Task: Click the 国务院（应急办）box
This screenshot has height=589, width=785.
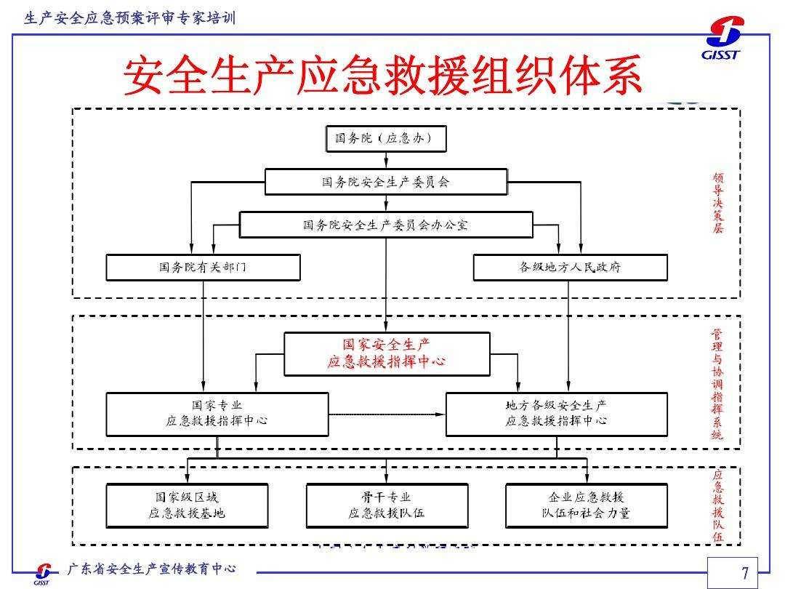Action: tap(386, 139)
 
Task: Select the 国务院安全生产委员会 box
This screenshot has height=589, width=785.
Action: tap(386, 182)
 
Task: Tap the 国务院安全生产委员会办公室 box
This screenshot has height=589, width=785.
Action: tap(386, 225)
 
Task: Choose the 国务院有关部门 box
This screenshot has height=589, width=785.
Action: tap(204, 268)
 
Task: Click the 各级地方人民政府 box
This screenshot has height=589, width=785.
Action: tap(571, 268)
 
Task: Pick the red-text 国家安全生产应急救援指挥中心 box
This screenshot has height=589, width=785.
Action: tap(387, 354)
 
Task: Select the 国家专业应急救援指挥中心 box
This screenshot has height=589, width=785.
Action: tap(217, 414)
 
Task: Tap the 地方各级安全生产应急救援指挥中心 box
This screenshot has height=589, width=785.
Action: tap(557, 414)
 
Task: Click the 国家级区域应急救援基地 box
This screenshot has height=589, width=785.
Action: tap(187, 505)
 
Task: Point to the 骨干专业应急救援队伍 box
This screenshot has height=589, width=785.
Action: tap(387, 505)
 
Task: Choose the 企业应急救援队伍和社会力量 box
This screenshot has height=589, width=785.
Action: tap(587, 505)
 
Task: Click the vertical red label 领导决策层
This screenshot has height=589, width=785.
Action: tap(718, 203)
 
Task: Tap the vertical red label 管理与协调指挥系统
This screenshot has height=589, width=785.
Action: tap(717, 384)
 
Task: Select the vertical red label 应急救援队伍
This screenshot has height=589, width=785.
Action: tap(718, 506)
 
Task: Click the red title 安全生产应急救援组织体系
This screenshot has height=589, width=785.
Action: tap(383, 76)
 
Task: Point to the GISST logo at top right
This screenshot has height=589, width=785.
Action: tap(723, 38)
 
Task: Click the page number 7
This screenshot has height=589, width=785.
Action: tap(745, 572)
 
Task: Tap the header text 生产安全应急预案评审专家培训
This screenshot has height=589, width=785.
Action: tap(129, 18)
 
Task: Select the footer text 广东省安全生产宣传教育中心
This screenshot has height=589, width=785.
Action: tap(152, 569)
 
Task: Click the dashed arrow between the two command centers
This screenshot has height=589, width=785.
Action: tap(387, 414)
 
